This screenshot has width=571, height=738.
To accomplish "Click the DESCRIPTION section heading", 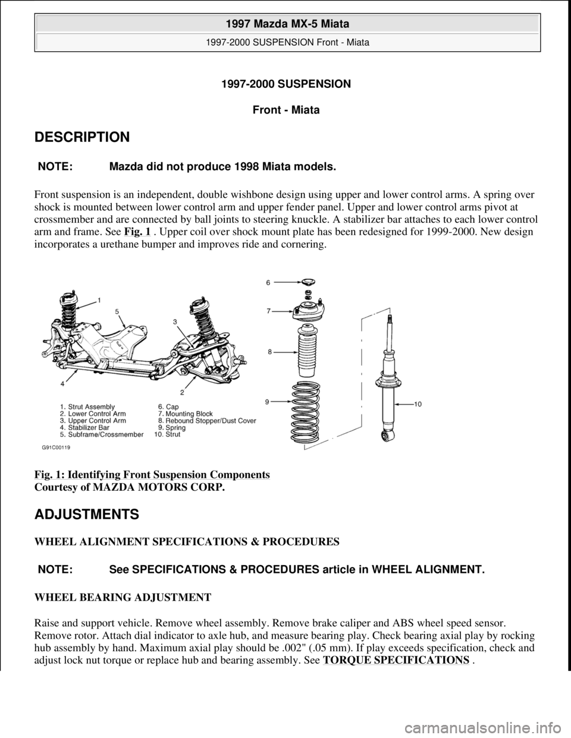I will click(81, 137).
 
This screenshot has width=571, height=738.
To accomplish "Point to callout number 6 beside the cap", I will click(268, 284).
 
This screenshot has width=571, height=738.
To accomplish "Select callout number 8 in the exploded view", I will click(269, 352).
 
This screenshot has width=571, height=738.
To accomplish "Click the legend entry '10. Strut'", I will click(170, 434).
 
